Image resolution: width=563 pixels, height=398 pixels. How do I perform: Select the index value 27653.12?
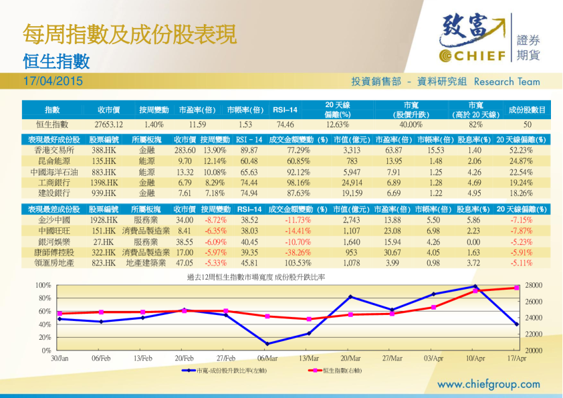click(x=108, y=124)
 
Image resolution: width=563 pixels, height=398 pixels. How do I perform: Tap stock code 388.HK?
click(x=104, y=151)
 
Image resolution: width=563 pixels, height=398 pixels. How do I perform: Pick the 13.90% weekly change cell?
click(x=215, y=151)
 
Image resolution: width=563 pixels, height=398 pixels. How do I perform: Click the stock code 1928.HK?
click(x=104, y=219)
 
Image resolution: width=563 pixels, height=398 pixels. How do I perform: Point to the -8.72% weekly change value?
click(x=215, y=219)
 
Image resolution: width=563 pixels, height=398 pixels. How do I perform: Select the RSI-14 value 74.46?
click(x=285, y=124)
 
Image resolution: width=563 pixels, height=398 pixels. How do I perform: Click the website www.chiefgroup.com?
click(x=488, y=384)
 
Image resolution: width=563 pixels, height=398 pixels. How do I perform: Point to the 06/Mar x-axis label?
click(x=267, y=359)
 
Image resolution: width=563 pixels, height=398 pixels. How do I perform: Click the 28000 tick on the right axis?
click(x=534, y=286)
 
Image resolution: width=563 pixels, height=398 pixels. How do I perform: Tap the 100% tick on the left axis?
click(x=43, y=286)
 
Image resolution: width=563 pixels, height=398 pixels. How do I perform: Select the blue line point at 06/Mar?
click(x=267, y=344)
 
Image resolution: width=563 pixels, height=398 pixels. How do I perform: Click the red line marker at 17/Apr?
click(x=517, y=288)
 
